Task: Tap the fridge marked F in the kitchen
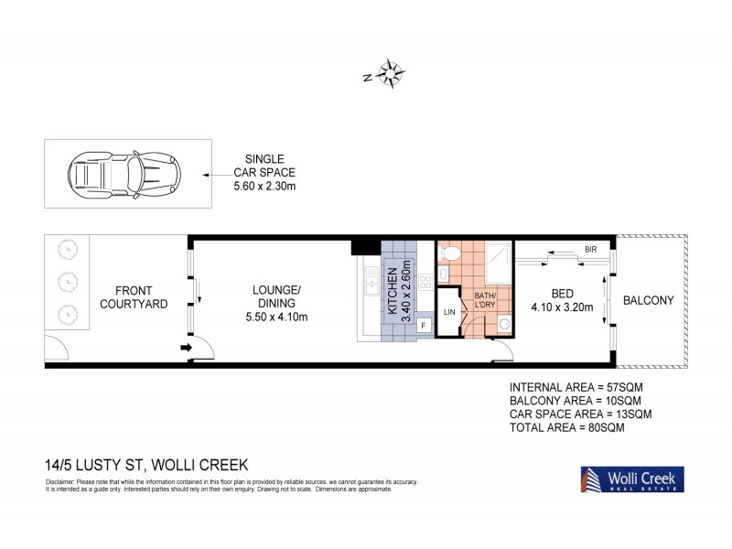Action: pyautogui.click(x=424, y=325)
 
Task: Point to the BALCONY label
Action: pyautogui.click(x=649, y=300)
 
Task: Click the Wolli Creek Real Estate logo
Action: pyautogui.click(x=630, y=479)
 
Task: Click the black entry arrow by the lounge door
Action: pyautogui.click(x=186, y=347)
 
